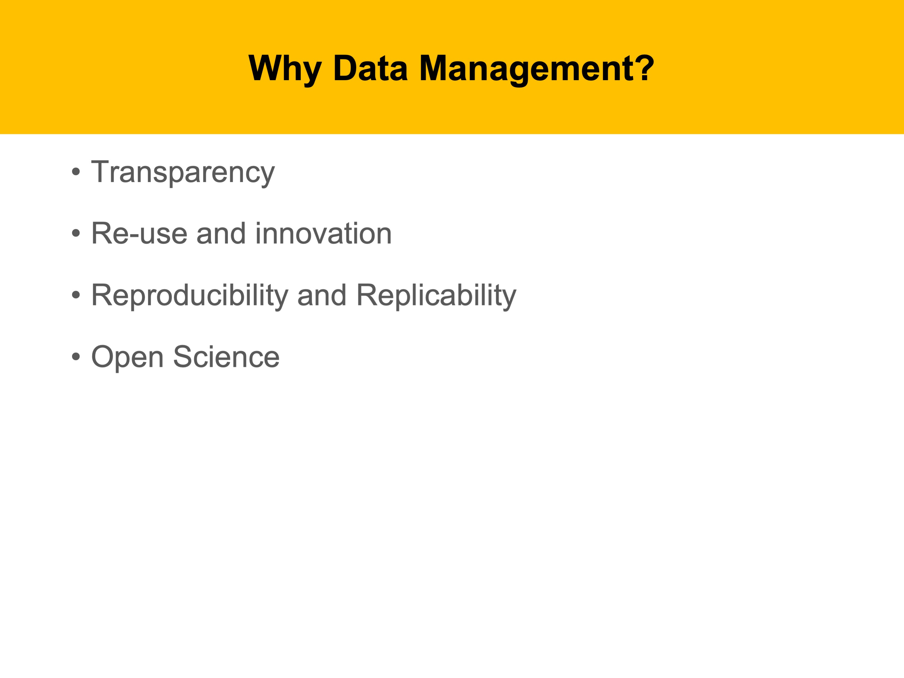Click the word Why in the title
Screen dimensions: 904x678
[285, 70]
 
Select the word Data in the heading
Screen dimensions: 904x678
[371, 68]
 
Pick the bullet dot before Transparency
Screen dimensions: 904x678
[76, 172]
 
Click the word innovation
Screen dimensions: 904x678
[323, 233]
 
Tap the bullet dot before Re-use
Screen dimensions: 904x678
[76, 233]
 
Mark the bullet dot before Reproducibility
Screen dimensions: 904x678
[76, 295]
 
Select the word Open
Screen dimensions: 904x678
[128, 358]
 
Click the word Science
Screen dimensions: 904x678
[226, 356]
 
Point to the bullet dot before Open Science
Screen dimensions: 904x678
[76, 356]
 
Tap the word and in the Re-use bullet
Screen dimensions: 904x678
[221, 233]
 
